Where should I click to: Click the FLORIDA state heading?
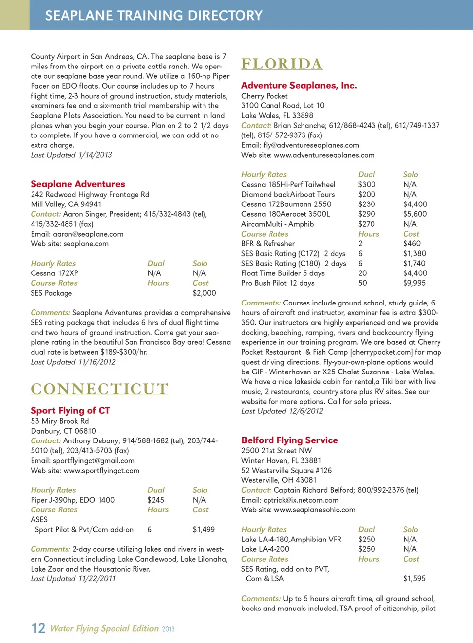click(x=282, y=64)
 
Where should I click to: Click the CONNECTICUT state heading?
click(x=99, y=389)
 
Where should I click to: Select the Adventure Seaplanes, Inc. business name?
click(x=299, y=86)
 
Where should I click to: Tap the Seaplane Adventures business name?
click(x=78, y=184)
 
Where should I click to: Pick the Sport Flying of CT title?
click(x=70, y=411)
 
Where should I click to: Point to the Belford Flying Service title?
click(x=290, y=440)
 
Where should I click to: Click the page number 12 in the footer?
click(x=38, y=628)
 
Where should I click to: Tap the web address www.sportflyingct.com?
click(x=101, y=471)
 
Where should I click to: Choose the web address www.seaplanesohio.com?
click(x=314, y=510)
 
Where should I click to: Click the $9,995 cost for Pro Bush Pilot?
click(x=414, y=283)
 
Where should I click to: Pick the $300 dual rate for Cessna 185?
click(x=367, y=185)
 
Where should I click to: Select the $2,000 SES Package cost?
click(x=204, y=293)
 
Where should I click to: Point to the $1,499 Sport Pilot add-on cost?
click(x=203, y=530)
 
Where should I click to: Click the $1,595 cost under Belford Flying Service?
click(x=414, y=579)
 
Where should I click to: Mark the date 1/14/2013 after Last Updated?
click(x=95, y=155)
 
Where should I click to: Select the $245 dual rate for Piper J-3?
click(x=156, y=500)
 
